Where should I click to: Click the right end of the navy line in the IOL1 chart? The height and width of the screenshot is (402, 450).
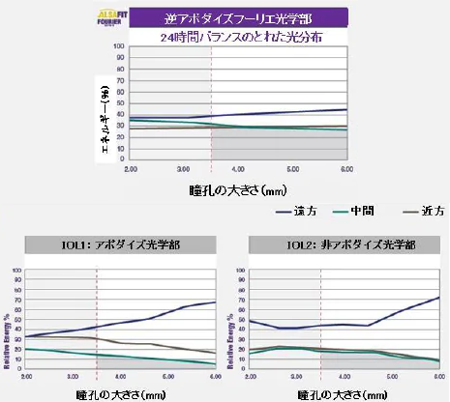click(215, 302)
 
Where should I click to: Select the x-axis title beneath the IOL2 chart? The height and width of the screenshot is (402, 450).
click(343, 393)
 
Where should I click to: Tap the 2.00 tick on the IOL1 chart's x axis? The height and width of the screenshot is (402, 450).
click(26, 375)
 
